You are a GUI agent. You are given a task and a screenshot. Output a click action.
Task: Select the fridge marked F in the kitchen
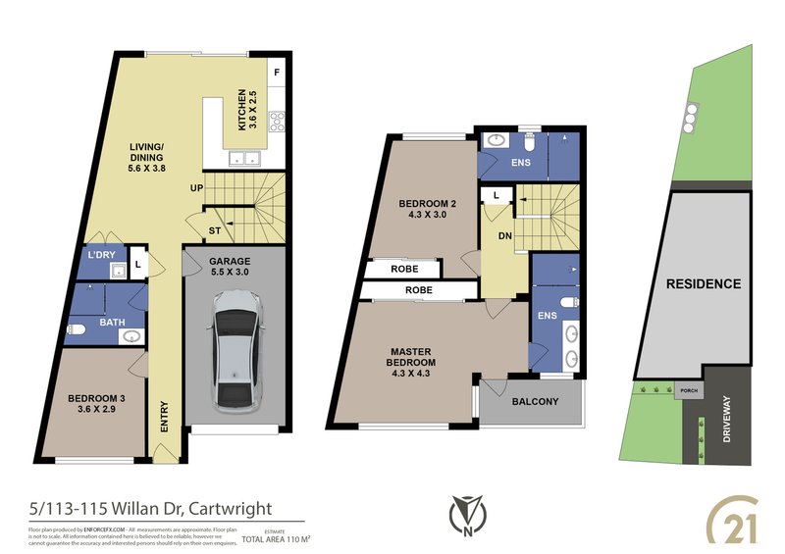[277, 73]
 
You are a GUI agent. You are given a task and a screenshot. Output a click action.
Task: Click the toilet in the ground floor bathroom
[79, 328]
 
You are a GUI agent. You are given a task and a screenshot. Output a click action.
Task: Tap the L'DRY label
[101, 256]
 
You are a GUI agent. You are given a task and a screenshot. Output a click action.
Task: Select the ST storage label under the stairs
[213, 231]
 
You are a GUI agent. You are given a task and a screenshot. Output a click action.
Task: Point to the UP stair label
[196, 187]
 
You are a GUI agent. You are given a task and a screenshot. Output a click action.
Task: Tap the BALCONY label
[535, 402]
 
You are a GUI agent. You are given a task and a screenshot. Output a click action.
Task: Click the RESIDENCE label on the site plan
[703, 284]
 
